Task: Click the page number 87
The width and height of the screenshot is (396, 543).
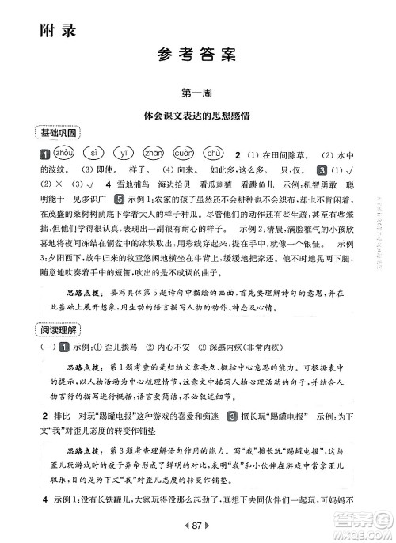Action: [198, 523]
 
